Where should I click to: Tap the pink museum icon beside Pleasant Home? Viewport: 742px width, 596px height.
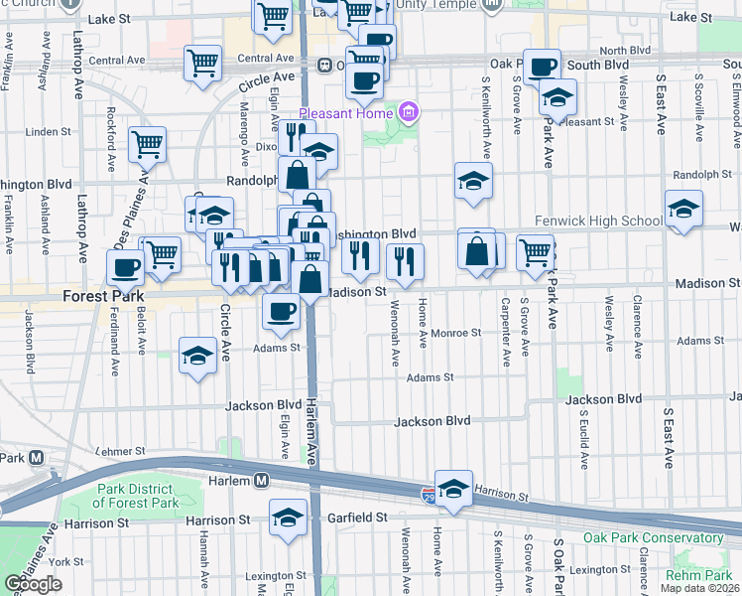408,113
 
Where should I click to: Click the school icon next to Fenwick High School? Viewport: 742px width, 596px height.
683,210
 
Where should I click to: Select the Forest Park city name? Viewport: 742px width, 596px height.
103,296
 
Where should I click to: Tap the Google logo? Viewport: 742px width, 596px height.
34,584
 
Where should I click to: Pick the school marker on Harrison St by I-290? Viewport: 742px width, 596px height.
453,489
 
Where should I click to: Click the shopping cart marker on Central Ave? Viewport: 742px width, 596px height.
202,63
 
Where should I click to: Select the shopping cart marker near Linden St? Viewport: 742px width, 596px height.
148,143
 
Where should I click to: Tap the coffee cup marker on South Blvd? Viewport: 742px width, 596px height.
542,68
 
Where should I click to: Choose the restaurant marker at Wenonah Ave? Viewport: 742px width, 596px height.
405,262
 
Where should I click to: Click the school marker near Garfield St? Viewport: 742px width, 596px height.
288,518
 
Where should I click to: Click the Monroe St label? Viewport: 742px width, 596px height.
455,334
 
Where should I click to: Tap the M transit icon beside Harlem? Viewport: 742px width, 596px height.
261,480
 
